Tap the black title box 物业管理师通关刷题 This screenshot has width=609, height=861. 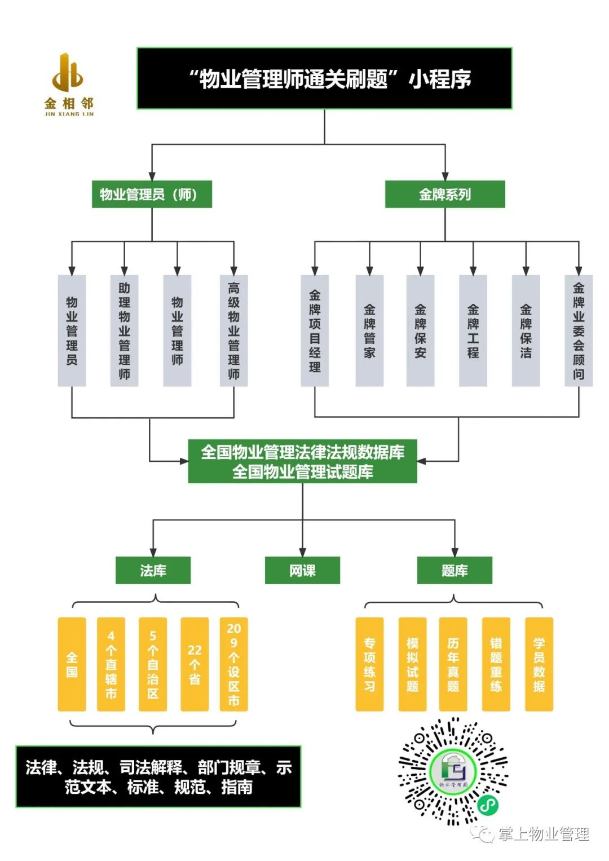click(324, 78)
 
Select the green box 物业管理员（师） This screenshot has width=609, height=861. click(152, 195)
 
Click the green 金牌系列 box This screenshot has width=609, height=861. click(445, 195)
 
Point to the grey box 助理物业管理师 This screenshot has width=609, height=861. click(125, 330)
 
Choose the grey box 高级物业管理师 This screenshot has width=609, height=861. click(233, 330)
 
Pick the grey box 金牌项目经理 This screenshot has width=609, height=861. click(315, 330)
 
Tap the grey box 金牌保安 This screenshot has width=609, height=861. click(420, 330)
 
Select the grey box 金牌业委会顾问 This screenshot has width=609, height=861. click(579, 330)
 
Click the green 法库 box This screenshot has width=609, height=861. click(153, 571)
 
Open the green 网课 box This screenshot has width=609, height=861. click(302, 571)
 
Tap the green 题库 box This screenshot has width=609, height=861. click(454, 571)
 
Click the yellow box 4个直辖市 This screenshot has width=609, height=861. click(111, 664)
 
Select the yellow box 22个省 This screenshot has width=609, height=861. click(195, 664)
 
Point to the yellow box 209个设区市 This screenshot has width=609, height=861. click(233, 664)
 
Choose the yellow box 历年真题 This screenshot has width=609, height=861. click(453, 664)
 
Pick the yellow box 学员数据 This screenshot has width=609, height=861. click(539, 664)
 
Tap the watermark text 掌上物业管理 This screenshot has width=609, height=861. click(543, 834)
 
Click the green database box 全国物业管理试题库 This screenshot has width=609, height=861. click(302, 471)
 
